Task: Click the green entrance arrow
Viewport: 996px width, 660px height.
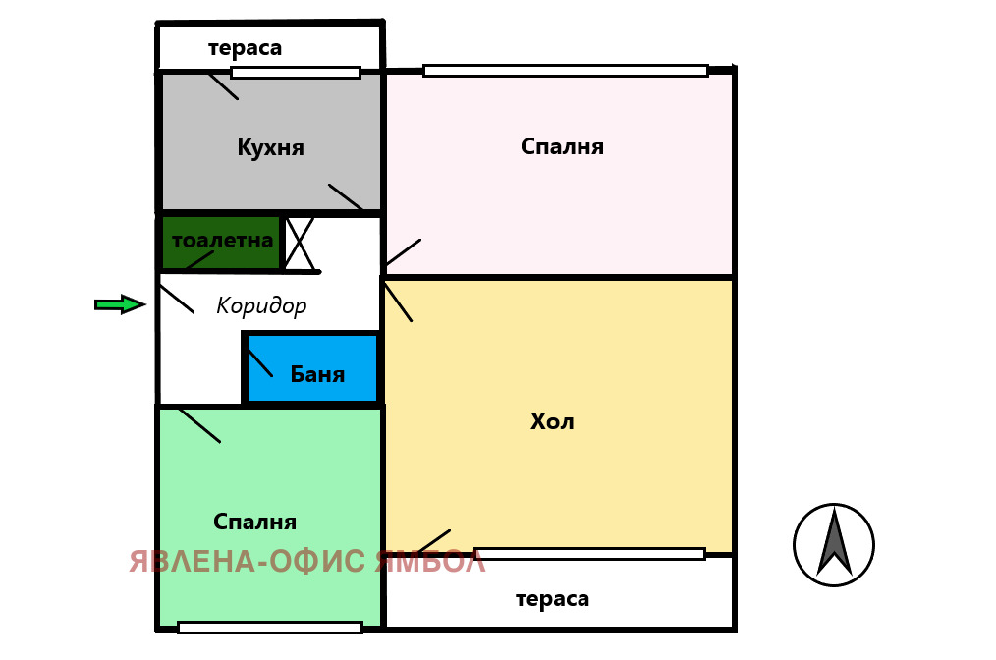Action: pyautogui.click(x=120, y=304)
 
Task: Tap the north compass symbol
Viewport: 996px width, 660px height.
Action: pyautogui.click(x=834, y=545)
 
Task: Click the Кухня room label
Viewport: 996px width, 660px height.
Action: pyautogui.click(x=270, y=148)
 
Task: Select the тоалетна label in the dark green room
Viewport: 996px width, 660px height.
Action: pyautogui.click(x=222, y=241)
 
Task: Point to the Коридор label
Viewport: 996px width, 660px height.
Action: pyautogui.click(x=261, y=306)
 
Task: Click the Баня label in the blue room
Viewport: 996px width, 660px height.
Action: pyautogui.click(x=317, y=374)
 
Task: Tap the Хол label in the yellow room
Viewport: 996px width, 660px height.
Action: pyautogui.click(x=552, y=422)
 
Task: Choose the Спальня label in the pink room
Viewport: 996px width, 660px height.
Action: pyautogui.click(x=562, y=147)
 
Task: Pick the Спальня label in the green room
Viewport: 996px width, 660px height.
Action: pyautogui.click(x=254, y=522)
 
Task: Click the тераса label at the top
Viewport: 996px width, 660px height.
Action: pyautogui.click(x=245, y=48)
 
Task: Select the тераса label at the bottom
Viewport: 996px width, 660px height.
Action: pyautogui.click(x=552, y=599)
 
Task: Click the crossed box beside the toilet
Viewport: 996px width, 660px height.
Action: pyautogui.click(x=300, y=244)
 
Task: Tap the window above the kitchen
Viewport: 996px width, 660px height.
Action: pyautogui.click(x=296, y=73)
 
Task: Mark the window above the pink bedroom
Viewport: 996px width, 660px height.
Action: pyautogui.click(x=565, y=71)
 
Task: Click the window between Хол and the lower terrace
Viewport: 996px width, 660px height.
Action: pyautogui.click(x=589, y=554)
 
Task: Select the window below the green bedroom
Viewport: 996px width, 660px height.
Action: pyautogui.click(x=270, y=628)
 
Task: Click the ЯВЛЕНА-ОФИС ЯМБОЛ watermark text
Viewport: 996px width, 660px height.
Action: pyautogui.click(x=307, y=562)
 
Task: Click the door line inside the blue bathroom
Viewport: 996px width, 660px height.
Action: pyautogui.click(x=259, y=362)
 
